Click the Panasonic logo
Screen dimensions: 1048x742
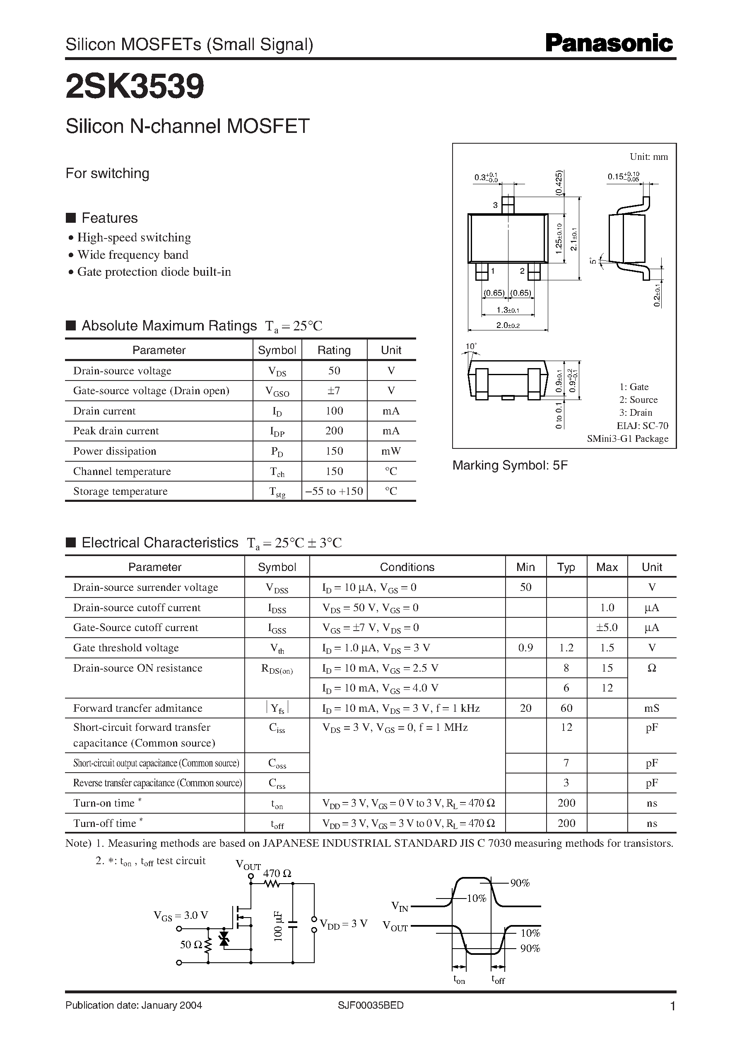pos(609,43)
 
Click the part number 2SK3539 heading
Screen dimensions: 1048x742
pos(135,87)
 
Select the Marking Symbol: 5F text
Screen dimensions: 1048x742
pos(509,465)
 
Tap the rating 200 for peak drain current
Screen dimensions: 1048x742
pos(334,431)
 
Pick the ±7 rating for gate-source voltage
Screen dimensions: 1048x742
pos(334,390)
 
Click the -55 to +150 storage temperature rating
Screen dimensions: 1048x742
pos(334,491)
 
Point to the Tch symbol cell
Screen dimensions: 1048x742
pos(277,472)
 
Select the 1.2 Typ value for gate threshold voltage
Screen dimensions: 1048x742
pos(566,648)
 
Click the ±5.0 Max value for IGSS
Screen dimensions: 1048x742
pos(606,628)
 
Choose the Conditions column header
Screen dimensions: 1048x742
pos(407,567)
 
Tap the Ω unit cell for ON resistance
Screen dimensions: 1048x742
pos(652,668)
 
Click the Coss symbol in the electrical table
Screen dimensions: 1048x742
pos(277,763)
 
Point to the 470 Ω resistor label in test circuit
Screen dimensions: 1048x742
pos(277,873)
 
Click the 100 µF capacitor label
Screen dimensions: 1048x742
pos(278,925)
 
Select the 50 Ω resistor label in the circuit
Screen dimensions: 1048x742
pos(190,944)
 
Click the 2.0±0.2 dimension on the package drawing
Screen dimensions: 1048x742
pos(508,325)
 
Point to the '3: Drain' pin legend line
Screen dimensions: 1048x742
pos(636,412)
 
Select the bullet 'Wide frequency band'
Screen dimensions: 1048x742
pos(132,255)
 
